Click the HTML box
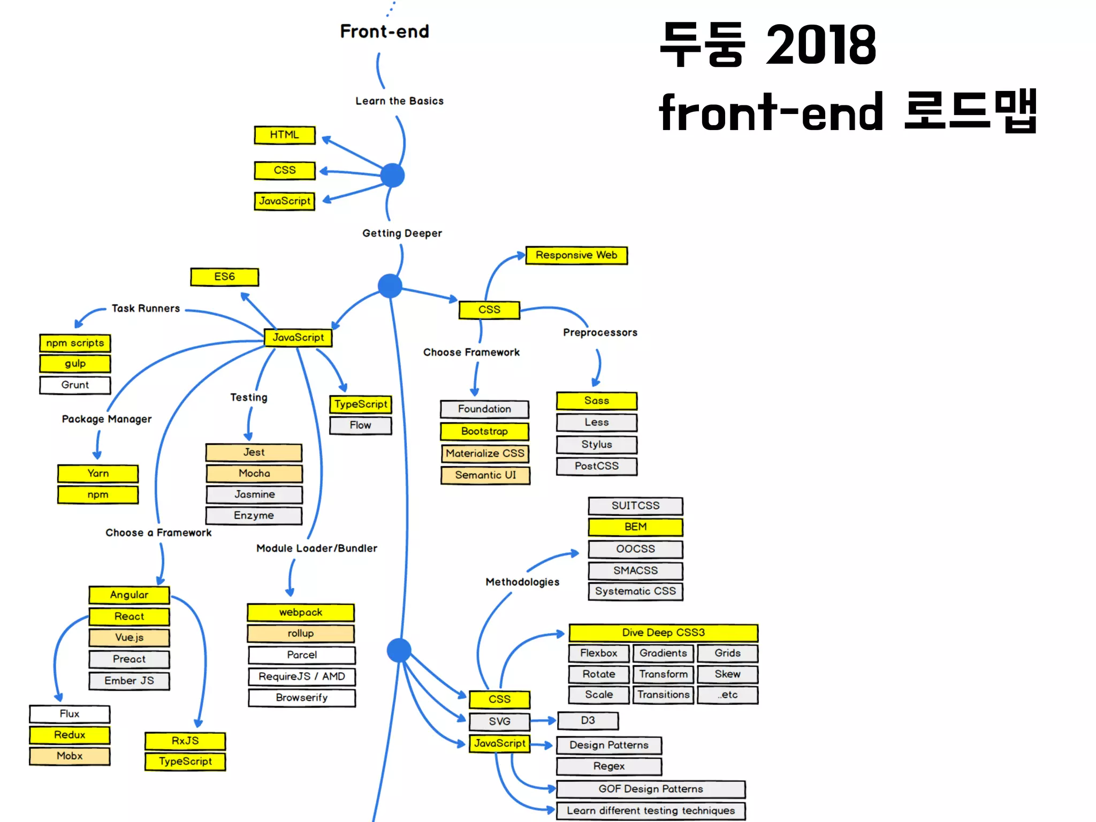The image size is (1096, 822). [284, 135]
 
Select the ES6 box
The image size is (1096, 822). [224, 277]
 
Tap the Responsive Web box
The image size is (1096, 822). [576, 255]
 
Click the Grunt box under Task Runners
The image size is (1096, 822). [75, 385]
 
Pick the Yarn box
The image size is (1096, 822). [98, 474]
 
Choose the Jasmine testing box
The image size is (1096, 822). [254, 494]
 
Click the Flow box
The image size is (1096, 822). [360, 425]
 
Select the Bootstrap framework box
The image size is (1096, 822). [484, 431]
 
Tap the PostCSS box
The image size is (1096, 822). [597, 466]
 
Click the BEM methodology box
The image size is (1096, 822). [635, 527]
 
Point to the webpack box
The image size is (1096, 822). [301, 612]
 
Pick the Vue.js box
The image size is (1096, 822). [129, 637]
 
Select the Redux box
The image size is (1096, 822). [70, 735]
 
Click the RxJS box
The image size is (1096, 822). [185, 741]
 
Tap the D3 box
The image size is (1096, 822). [588, 721]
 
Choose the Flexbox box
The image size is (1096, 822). [598, 653]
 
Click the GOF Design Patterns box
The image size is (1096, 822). [651, 789]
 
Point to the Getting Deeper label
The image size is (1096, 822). [402, 233]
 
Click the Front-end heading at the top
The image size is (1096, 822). [384, 32]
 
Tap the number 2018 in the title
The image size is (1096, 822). [821, 45]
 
